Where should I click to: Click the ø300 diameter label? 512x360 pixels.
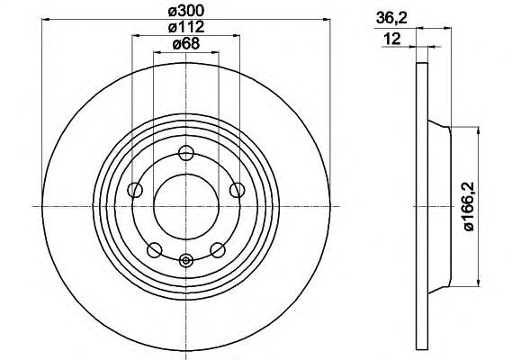coord(186,12)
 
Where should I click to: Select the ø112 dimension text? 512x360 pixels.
coord(186,27)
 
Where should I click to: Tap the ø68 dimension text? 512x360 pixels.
coord(185,44)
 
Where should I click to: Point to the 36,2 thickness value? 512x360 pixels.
coord(391,18)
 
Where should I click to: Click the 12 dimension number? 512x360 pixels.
coord(392,39)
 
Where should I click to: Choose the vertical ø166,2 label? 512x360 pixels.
coord(469,206)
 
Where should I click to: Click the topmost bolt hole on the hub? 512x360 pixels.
coord(186,153)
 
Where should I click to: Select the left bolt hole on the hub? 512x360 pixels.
coord(135,190)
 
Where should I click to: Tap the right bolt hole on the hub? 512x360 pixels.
coord(237,190)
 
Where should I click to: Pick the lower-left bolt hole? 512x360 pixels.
coord(155,250)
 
